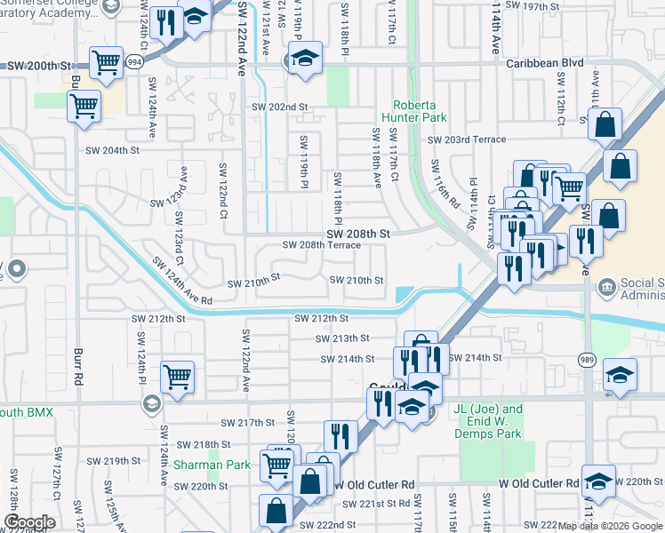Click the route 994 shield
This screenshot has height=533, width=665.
pyautogui.click(x=133, y=62)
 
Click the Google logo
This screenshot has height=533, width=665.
pyautogui.click(x=28, y=522)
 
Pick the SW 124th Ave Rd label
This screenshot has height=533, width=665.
pyautogui.click(x=181, y=282)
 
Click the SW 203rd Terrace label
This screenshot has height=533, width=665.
pyautogui.click(x=466, y=139)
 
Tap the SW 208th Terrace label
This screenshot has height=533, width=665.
pyautogui.click(x=321, y=245)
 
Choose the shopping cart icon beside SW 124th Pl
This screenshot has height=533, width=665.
pyautogui.click(x=178, y=377)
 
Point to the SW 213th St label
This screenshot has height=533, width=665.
pyautogui.click(x=342, y=338)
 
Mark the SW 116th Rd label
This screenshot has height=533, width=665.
pyautogui.click(x=445, y=184)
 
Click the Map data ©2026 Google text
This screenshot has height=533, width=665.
pyautogui.click(x=610, y=525)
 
